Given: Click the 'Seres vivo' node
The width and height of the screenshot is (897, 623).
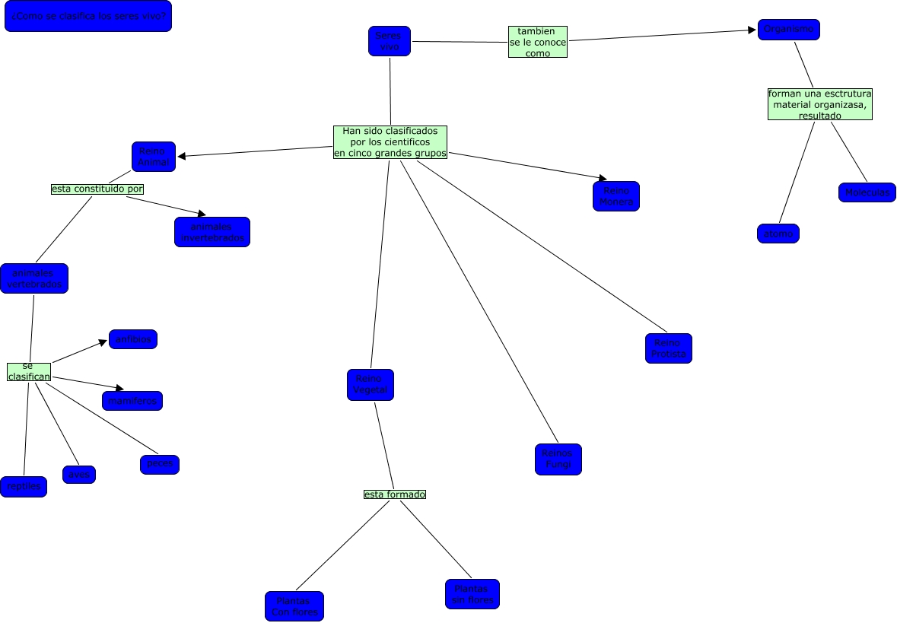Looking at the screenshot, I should (389, 41).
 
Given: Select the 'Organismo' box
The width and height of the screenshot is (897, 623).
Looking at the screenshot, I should (788, 30).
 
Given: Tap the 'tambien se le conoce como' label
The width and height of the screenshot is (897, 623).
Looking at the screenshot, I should (538, 43).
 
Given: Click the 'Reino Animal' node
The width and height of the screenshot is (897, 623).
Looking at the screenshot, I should (153, 157).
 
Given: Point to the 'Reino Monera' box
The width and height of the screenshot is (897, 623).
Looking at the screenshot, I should (615, 196).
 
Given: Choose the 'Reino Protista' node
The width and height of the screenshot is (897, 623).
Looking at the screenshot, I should (669, 348).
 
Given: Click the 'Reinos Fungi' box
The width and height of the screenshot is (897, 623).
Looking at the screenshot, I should (558, 459).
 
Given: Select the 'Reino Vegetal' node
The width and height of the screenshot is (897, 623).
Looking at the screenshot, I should (371, 385).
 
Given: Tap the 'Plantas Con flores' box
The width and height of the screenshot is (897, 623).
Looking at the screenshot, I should (294, 606).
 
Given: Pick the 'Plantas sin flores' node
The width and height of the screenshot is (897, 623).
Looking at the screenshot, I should (472, 594).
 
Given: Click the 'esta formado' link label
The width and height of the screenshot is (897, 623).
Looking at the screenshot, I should (395, 494).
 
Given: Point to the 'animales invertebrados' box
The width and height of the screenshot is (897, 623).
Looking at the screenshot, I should (212, 232).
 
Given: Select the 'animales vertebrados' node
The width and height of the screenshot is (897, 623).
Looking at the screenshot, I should (34, 278).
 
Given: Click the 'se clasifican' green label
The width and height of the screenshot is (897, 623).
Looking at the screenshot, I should (29, 371).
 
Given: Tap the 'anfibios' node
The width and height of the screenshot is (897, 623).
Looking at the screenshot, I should (133, 339).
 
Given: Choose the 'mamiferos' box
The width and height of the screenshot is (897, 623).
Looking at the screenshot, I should (132, 401).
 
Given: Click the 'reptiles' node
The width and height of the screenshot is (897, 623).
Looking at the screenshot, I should (24, 487).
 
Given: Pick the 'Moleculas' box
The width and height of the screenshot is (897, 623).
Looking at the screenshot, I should (867, 192).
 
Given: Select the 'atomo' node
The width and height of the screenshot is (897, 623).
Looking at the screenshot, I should (778, 234).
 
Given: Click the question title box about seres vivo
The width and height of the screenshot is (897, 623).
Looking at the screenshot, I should (88, 16).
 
